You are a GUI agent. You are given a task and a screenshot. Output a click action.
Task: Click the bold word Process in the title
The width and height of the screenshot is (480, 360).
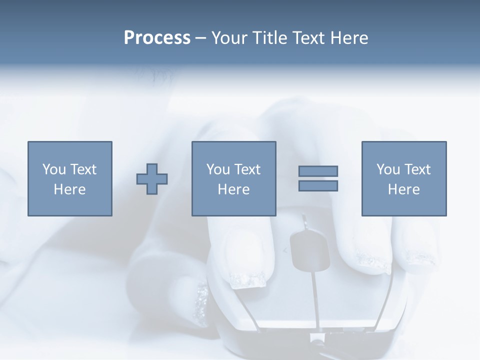[157, 38]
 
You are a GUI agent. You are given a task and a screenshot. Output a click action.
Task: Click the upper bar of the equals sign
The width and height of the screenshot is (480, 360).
[318, 171]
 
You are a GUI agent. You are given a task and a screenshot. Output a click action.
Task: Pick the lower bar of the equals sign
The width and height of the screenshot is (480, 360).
[318, 185]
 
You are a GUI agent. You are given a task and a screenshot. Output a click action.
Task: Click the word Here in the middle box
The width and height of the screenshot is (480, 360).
[234, 189]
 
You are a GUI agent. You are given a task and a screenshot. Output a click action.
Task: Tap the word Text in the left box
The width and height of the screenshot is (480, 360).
[83, 169]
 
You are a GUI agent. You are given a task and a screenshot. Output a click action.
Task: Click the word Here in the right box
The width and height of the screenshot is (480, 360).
[404, 189]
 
